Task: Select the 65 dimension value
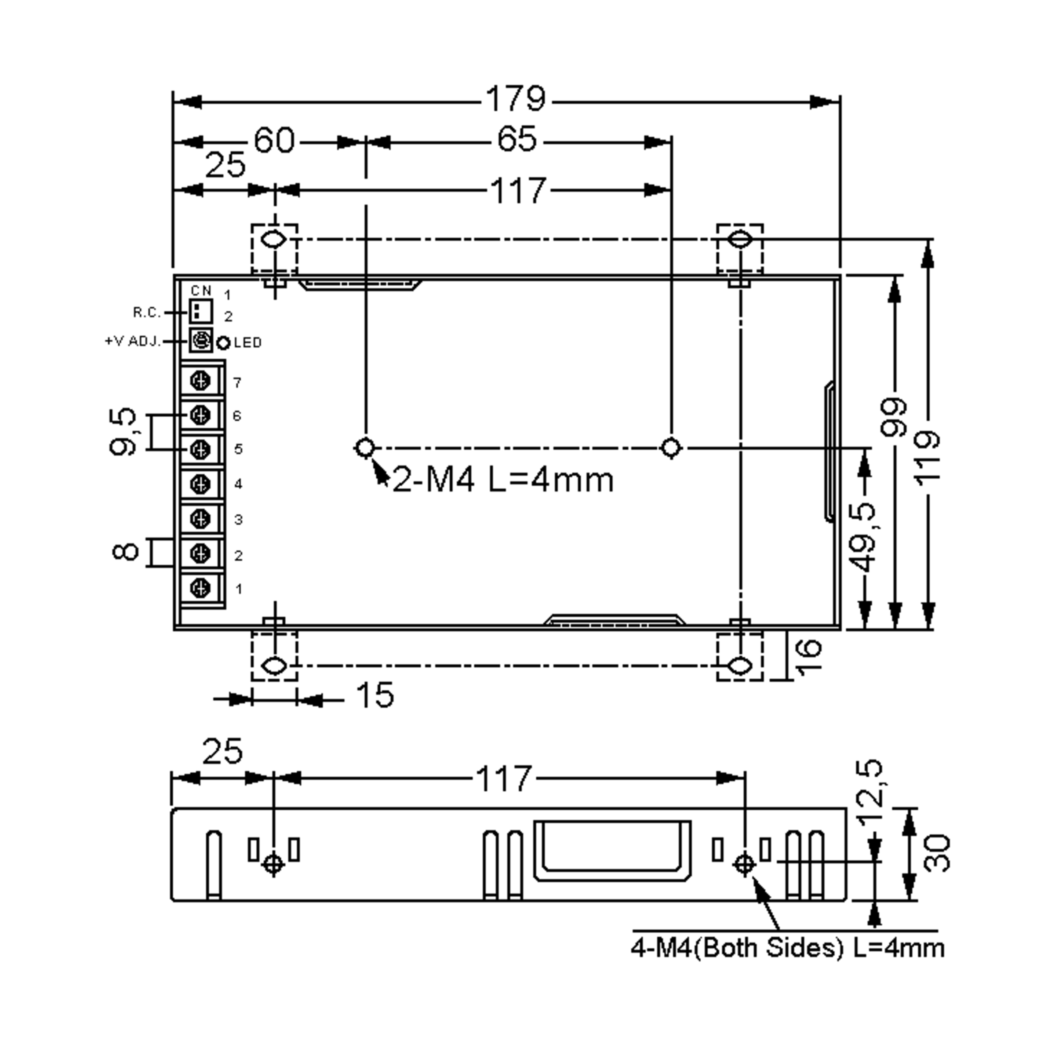tap(516, 139)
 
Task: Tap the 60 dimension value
tap(274, 140)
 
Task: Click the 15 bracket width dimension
tap(375, 696)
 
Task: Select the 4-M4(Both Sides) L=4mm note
tap(787, 948)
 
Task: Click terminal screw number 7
tap(200, 381)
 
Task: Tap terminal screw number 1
tap(200, 588)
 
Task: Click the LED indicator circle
tap(223, 343)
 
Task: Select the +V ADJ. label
tap(133, 341)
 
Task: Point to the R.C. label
tap(147, 313)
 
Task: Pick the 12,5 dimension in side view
tap(868, 792)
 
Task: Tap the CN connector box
tap(200, 311)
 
